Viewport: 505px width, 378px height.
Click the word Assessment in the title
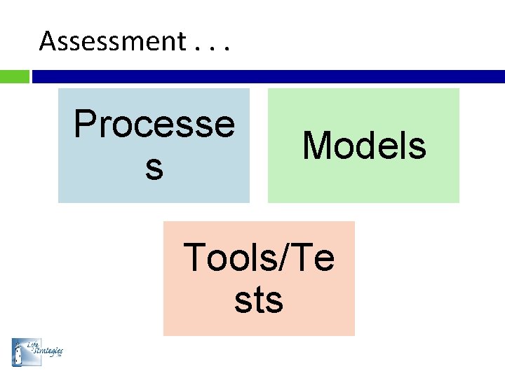[x=112, y=42]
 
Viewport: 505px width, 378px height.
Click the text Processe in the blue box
[x=154, y=125]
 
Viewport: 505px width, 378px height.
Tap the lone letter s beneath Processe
[x=154, y=168]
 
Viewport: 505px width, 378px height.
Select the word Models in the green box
[x=364, y=146]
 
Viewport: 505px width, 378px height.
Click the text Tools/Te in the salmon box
[x=259, y=258]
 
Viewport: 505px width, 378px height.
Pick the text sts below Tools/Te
[x=259, y=300]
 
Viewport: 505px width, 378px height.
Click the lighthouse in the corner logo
[x=19, y=352]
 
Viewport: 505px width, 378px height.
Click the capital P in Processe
[x=86, y=125]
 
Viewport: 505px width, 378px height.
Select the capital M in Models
[x=315, y=146]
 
